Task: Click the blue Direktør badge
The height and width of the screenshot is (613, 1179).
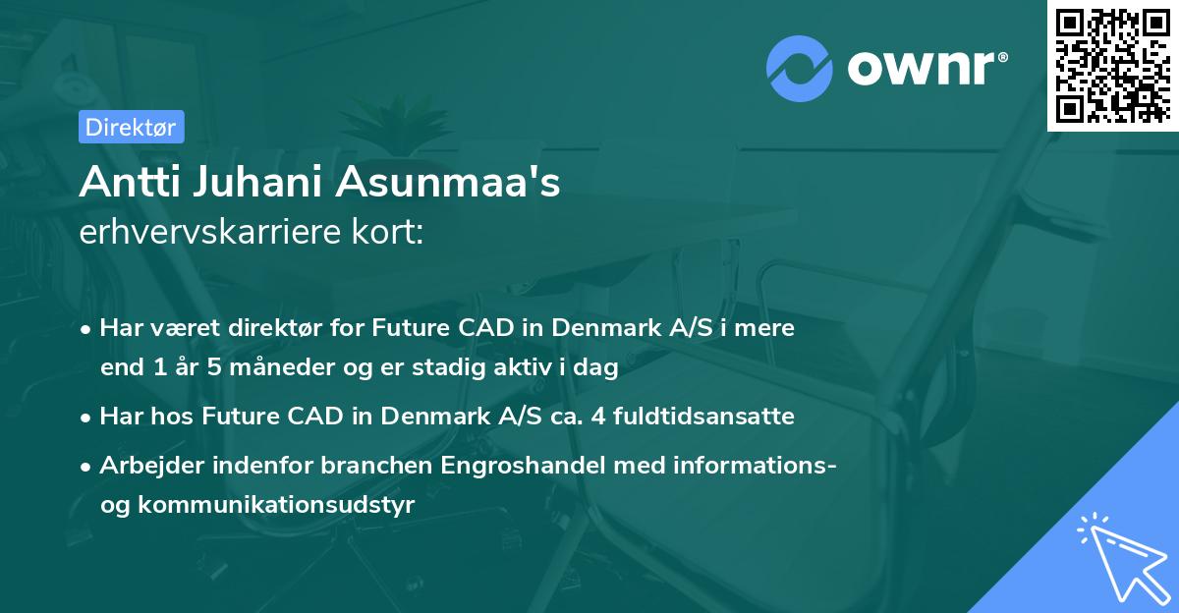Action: [x=132, y=127]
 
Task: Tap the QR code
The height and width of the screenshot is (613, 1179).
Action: [x=1112, y=65]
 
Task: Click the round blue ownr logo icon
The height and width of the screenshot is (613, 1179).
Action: [x=799, y=69]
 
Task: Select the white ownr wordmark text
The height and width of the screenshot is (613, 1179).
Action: [x=926, y=68]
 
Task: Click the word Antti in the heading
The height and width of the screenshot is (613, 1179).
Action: [x=131, y=181]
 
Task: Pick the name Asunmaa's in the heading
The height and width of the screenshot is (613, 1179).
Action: [x=448, y=181]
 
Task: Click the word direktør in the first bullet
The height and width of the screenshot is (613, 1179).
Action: [x=275, y=327]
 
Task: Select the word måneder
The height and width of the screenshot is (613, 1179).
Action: [x=282, y=366]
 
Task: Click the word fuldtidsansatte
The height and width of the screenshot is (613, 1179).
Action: [x=703, y=416]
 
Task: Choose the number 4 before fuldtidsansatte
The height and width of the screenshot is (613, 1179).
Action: [x=598, y=417]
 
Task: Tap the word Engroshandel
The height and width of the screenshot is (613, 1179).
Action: [x=523, y=466]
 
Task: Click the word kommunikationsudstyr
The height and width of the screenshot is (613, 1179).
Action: [x=276, y=505]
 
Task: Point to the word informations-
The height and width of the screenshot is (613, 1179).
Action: [x=725, y=465]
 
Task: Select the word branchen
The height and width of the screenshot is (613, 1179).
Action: [x=376, y=465]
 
